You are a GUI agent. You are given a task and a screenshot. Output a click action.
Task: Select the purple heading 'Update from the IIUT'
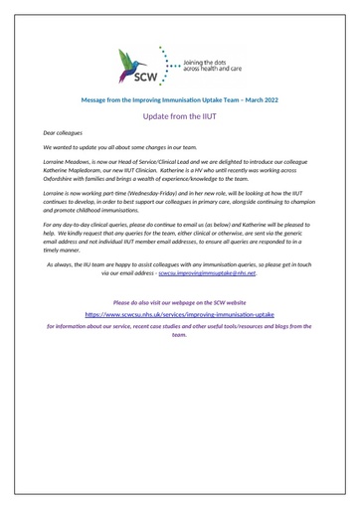[x=179, y=115]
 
